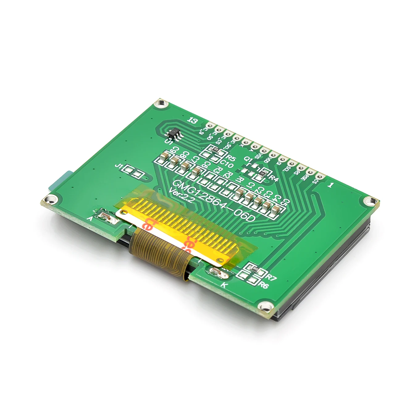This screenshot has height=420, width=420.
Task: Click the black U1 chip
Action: click(174, 133)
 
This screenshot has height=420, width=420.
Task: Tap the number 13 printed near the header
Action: click(193, 120)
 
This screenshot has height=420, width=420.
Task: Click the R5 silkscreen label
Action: click(230, 159)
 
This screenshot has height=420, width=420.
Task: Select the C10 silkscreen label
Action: click(227, 164)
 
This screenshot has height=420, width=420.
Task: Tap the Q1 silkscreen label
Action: click(248, 159)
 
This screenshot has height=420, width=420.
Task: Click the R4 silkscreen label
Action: click(274, 178)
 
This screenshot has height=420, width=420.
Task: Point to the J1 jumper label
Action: click(118, 166)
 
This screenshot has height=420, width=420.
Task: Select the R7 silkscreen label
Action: click(271, 277)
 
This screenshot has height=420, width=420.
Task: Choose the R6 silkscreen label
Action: click(264, 285)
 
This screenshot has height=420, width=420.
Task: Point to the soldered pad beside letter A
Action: click(106, 216)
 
